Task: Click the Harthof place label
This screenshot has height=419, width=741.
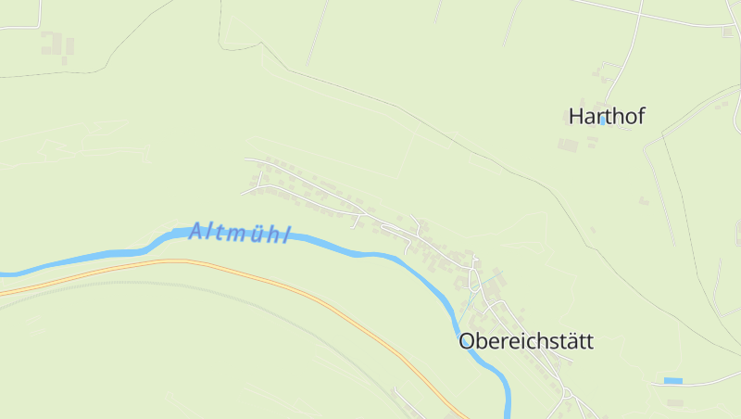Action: (x=606, y=116)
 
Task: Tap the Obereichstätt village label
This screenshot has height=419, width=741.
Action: (x=525, y=341)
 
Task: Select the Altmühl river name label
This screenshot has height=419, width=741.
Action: (x=239, y=232)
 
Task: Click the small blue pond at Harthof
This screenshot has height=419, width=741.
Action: (x=602, y=121)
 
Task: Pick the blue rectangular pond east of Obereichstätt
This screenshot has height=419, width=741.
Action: (x=672, y=380)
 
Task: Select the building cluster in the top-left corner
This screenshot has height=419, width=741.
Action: (x=57, y=43)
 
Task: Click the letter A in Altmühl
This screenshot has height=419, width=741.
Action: (x=195, y=229)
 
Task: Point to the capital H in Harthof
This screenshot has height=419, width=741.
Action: (x=575, y=117)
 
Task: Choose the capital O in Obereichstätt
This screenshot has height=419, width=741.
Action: (x=467, y=341)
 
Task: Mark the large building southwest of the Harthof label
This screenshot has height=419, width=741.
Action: (x=568, y=145)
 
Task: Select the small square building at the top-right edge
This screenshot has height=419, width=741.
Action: (x=725, y=31)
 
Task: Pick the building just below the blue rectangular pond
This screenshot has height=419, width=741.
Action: (x=674, y=402)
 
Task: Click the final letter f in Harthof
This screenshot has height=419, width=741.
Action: (x=640, y=116)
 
